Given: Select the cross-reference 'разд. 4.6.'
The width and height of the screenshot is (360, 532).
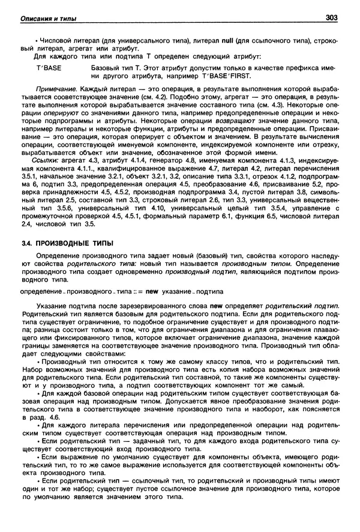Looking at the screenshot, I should pos(41,417).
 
